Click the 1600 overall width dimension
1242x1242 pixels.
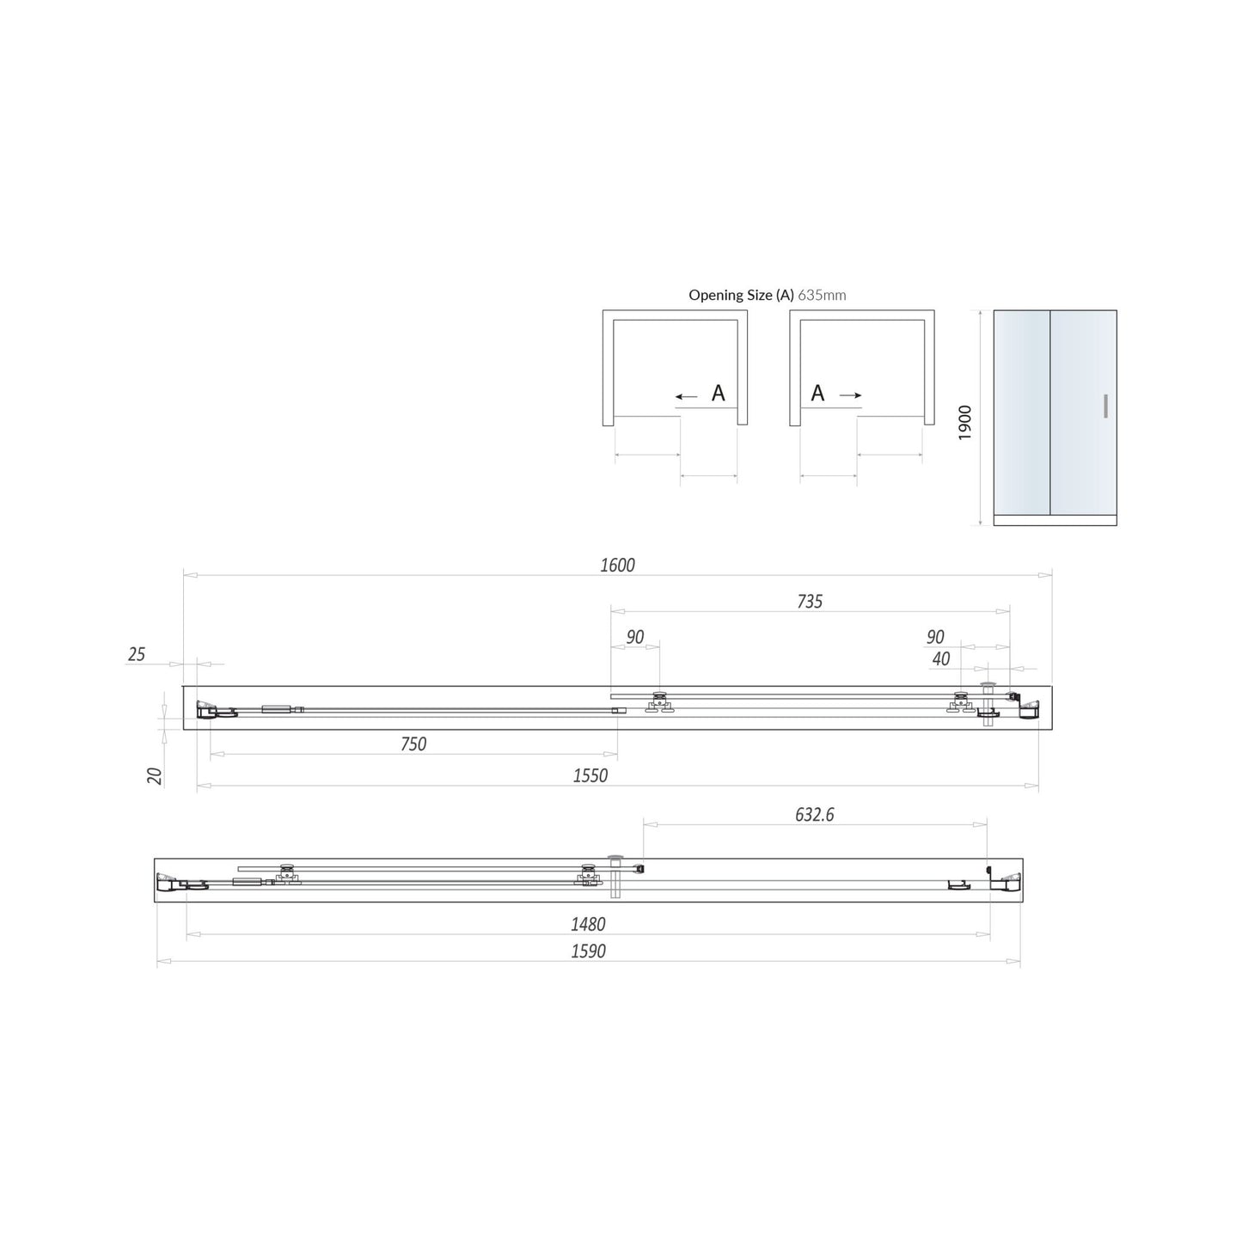click(617, 566)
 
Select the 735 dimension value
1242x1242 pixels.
click(810, 602)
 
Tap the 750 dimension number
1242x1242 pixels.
click(413, 743)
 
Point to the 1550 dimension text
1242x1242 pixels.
click(590, 775)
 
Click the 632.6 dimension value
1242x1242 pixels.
click(815, 815)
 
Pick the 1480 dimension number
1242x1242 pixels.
click(588, 924)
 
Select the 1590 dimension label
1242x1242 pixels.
click(588, 951)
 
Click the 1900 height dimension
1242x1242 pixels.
click(965, 423)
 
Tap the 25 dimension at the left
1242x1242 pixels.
click(137, 654)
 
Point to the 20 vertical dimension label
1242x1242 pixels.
click(155, 776)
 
